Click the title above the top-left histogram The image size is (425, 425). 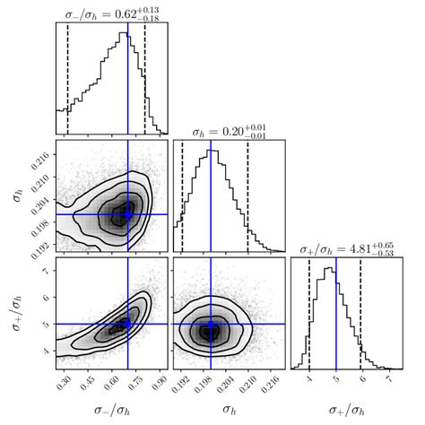point(111,13)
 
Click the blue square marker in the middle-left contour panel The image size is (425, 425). point(127,214)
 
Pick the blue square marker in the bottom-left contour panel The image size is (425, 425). point(127,324)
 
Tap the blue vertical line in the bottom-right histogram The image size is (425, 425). point(336,314)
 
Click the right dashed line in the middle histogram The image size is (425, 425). point(247,197)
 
